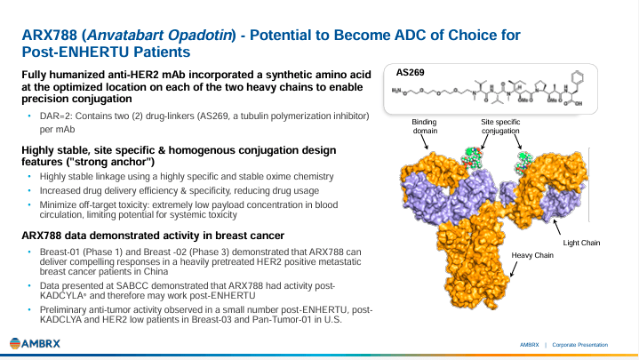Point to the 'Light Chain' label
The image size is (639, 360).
tap(582, 242)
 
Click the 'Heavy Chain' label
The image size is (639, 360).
tap(531, 255)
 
